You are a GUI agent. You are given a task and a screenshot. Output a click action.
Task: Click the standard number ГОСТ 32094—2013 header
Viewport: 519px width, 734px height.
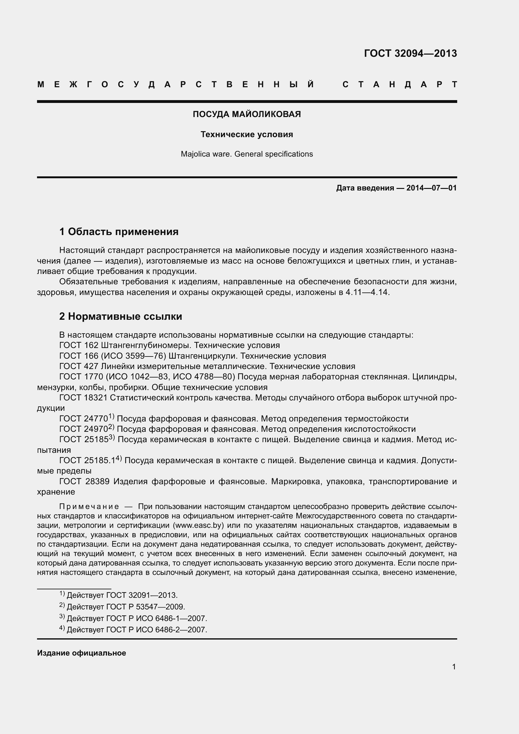pos(410,53)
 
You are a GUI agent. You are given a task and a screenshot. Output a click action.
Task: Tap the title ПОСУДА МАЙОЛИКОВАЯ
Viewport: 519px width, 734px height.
pos(247,114)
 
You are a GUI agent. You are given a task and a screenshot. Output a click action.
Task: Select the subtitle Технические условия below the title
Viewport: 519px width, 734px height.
pos(247,135)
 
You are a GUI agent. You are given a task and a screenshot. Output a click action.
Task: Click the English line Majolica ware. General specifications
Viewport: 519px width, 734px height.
pos(247,154)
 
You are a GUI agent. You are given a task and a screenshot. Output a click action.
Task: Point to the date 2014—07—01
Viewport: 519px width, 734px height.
pos(431,188)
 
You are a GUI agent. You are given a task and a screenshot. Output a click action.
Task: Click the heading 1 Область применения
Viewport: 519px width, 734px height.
pos(119,232)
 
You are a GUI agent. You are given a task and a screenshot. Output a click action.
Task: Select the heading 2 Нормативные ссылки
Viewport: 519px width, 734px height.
pos(120,317)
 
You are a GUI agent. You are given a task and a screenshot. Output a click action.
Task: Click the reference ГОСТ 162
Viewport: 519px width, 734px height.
pos(79,346)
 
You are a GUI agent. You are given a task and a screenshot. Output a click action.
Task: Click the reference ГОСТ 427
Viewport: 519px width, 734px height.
pos(79,366)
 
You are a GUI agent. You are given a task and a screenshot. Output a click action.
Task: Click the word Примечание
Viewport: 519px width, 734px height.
pos(89,507)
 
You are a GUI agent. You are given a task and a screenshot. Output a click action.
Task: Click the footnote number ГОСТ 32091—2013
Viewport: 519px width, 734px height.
pos(141,595)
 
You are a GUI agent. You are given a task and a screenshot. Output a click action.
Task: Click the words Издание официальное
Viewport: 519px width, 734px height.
pos(82,653)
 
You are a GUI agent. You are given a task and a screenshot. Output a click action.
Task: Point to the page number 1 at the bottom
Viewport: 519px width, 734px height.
pos(454,667)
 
